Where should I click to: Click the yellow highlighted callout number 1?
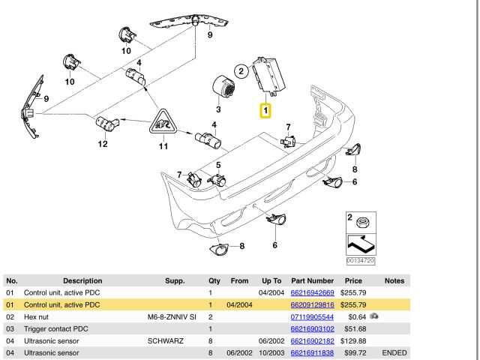(265, 110)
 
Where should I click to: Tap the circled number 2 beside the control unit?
(241, 72)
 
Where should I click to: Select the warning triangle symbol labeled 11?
(163, 122)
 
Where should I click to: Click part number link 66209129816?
(311, 305)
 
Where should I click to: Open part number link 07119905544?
(311, 317)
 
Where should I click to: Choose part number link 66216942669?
(311, 292)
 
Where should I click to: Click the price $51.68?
(353, 329)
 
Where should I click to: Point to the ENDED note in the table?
(394, 353)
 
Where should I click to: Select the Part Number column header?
(311, 280)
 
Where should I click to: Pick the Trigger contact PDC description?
(57, 329)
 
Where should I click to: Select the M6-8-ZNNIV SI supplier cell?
(171, 317)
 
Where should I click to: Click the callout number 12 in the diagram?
(102, 145)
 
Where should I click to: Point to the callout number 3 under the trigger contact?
(218, 110)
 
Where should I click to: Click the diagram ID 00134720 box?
(361, 260)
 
